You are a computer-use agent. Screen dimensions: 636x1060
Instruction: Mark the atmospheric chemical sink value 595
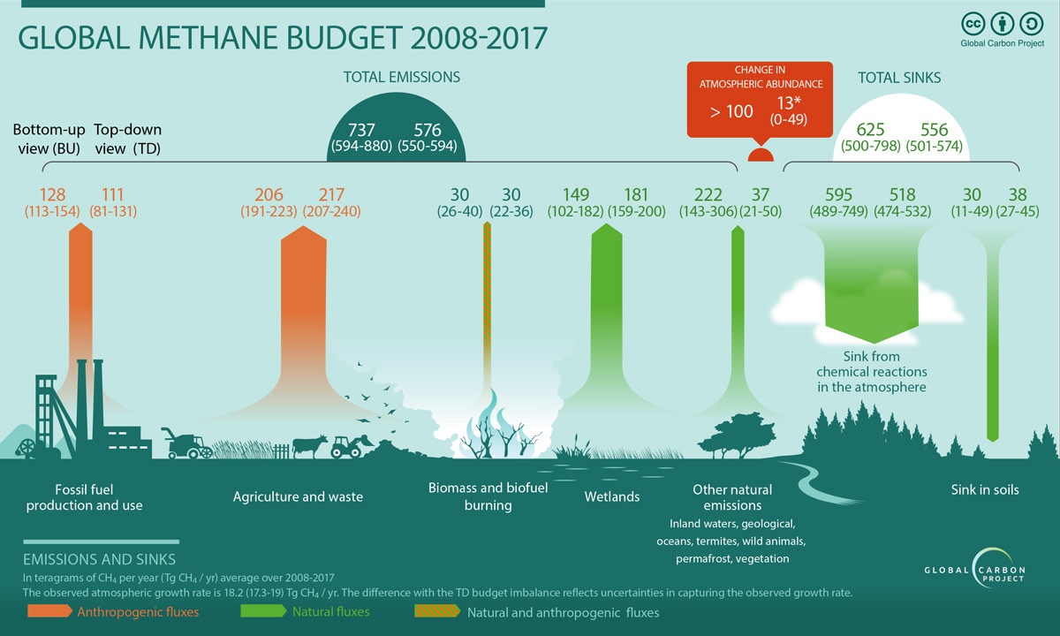(841, 194)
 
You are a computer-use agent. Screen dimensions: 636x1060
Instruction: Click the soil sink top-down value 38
(1017, 194)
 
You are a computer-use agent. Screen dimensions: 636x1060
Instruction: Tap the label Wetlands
(612, 496)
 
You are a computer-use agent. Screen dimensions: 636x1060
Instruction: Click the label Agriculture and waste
(298, 496)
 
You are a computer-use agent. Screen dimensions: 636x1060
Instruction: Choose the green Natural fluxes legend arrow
(261, 611)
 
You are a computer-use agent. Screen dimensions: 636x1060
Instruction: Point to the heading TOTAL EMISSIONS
(402, 77)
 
